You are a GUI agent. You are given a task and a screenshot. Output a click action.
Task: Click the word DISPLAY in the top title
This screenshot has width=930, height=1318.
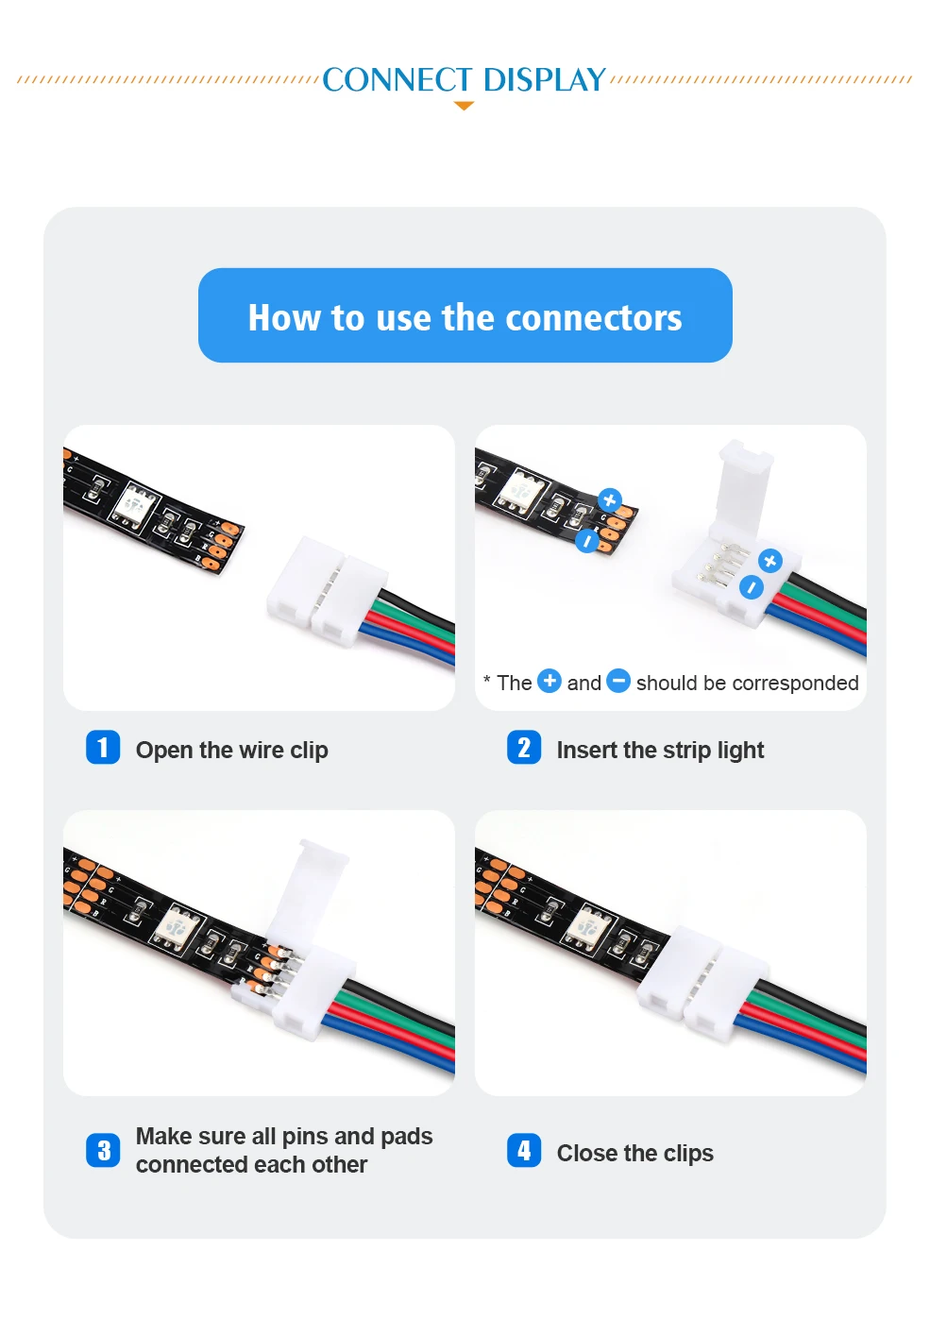coord(544,79)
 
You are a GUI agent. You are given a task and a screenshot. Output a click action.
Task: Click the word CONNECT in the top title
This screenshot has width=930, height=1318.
coord(397,79)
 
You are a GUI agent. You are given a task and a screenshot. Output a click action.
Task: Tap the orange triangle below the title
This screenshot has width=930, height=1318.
coord(465,106)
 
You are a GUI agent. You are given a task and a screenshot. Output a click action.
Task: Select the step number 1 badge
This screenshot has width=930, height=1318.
coord(103,747)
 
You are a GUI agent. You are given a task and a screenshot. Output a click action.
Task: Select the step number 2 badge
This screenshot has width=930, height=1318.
coord(524,747)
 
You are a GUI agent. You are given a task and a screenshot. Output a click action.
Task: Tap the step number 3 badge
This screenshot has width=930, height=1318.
coord(103,1150)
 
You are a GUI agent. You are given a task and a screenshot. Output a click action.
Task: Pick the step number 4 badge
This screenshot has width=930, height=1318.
coord(524,1150)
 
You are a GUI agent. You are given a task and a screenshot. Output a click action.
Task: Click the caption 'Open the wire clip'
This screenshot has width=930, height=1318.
coord(231,751)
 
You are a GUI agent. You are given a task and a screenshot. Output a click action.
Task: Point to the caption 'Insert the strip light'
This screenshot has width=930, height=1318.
coord(660,751)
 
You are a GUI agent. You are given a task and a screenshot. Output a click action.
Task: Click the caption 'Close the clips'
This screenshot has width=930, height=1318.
coord(634,1154)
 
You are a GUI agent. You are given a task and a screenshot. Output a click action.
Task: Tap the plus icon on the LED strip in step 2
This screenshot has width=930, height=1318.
coord(610,500)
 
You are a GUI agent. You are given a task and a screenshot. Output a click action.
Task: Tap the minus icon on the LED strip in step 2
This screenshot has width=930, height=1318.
coord(586,541)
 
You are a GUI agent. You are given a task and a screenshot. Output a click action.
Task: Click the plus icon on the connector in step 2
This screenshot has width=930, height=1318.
coord(770,562)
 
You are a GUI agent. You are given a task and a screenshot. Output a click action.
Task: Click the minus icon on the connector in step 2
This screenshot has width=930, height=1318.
coord(751,587)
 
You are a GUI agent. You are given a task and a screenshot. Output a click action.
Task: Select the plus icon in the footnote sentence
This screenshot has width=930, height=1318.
coord(550,682)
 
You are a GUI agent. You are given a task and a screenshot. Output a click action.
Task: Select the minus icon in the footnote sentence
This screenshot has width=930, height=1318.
coord(618,682)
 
